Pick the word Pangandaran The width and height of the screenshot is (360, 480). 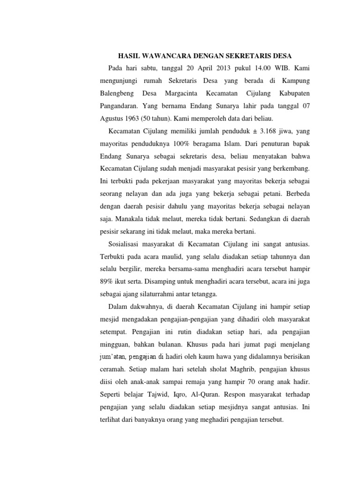[120, 105]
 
